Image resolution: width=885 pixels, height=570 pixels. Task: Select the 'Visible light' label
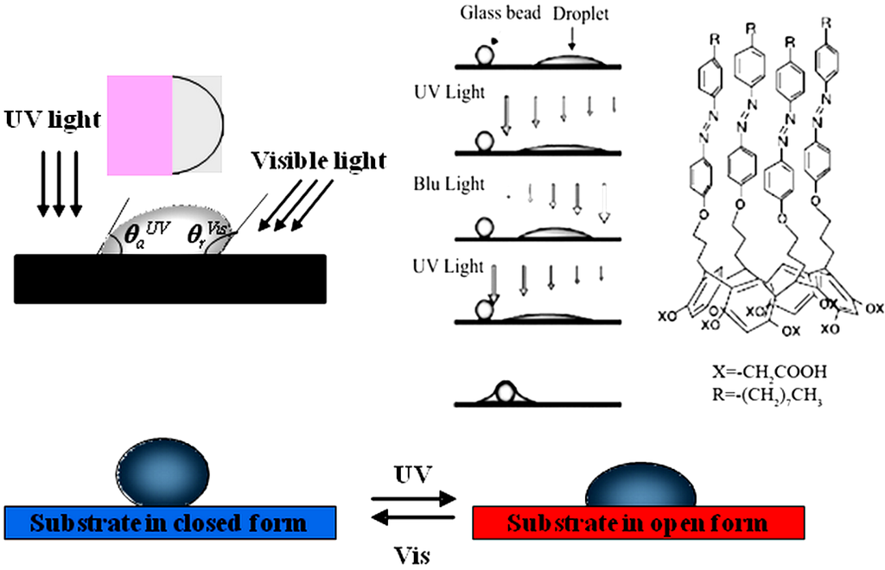click(x=319, y=161)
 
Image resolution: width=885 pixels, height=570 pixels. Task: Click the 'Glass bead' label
click(x=496, y=13)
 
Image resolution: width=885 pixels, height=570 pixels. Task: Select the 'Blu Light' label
click(x=449, y=184)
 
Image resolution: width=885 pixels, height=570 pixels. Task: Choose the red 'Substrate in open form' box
click(x=638, y=523)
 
